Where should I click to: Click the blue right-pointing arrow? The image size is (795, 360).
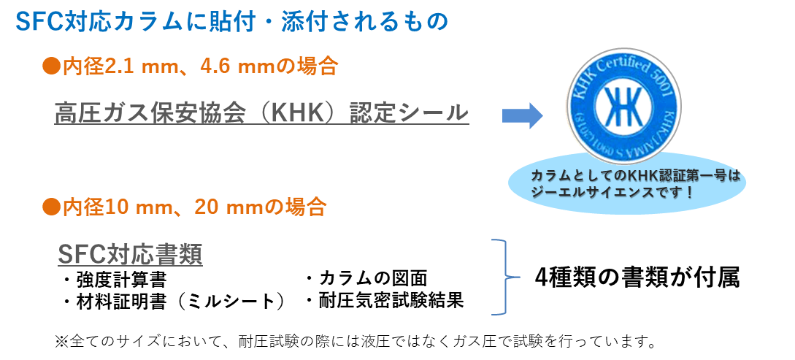[x=522, y=115]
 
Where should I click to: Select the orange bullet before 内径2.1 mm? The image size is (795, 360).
[x=50, y=67]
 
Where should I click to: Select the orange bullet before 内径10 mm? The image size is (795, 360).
[x=50, y=207]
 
